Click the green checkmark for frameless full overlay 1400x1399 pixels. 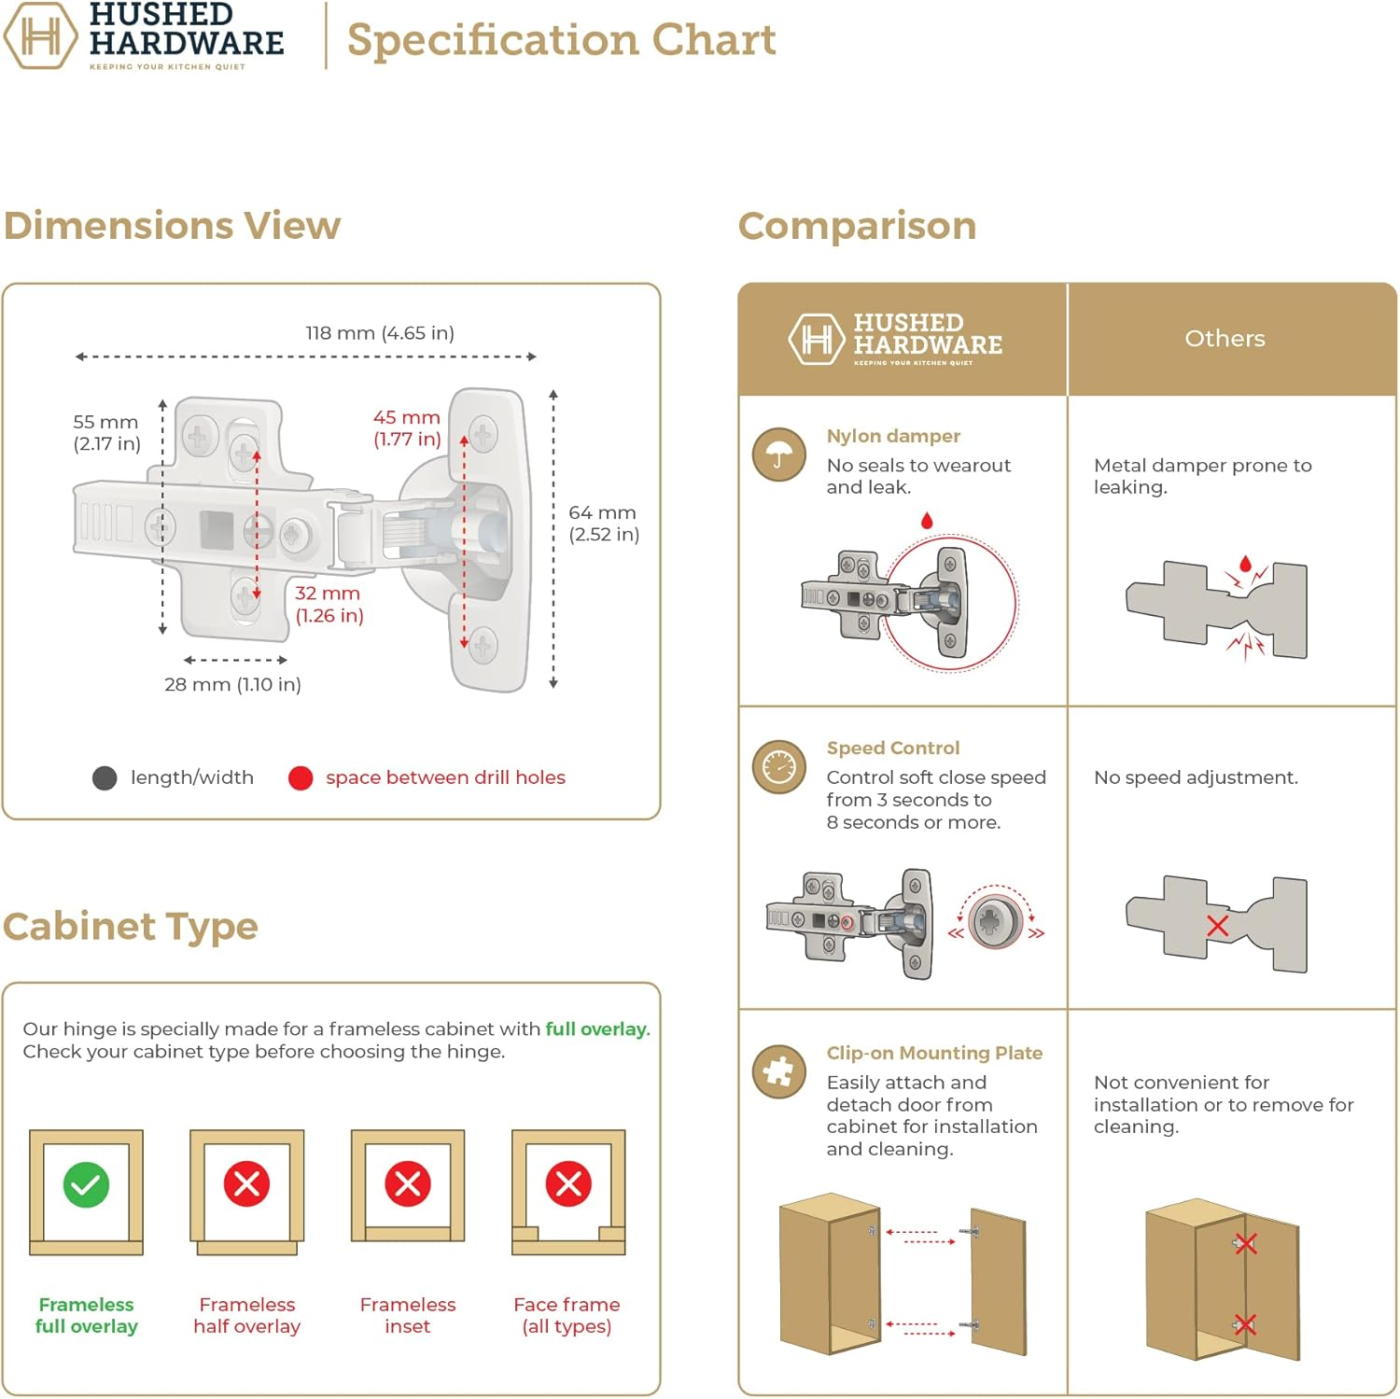tap(86, 1184)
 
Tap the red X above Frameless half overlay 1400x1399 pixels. tap(246, 1184)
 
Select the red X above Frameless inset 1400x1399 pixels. tap(408, 1184)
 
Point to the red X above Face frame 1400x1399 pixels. tap(568, 1184)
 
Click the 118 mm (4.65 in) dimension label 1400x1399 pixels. tap(380, 333)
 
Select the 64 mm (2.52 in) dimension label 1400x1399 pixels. tap(604, 524)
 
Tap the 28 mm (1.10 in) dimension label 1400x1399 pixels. tap(232, 684)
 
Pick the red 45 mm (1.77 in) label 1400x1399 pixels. tap(407, 428)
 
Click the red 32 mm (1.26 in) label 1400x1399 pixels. tap(329, 604)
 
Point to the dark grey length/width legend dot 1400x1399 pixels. tap(105, 778)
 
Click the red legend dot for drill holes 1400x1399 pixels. tap(301, 778)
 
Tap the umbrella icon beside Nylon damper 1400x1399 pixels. tap(779, 455)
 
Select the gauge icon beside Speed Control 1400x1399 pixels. tap(779, 767)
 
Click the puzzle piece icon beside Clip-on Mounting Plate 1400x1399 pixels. tap(779, 1071)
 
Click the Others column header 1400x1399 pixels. tap(1225, 339)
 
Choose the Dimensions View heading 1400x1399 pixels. tap(173, 226)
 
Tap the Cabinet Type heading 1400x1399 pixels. tap(131, 927)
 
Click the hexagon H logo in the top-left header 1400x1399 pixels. tap(40, 36)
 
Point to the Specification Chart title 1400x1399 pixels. tap(561, 39)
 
